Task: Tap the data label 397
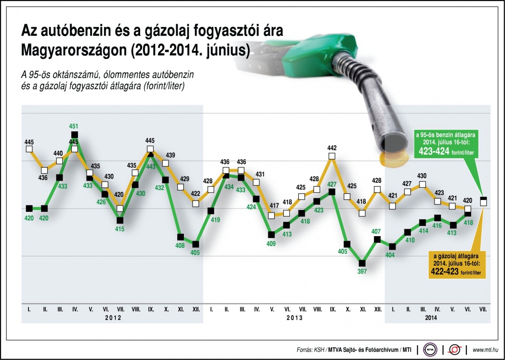pos(362,272)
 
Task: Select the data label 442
pos(332,148)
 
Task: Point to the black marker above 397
pos(362,263)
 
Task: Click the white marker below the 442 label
pos(332,156)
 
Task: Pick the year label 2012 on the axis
pos(113,318)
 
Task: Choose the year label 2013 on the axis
pos(295,318)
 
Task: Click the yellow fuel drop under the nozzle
pos(393,159)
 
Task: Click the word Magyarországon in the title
pos(73,51)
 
